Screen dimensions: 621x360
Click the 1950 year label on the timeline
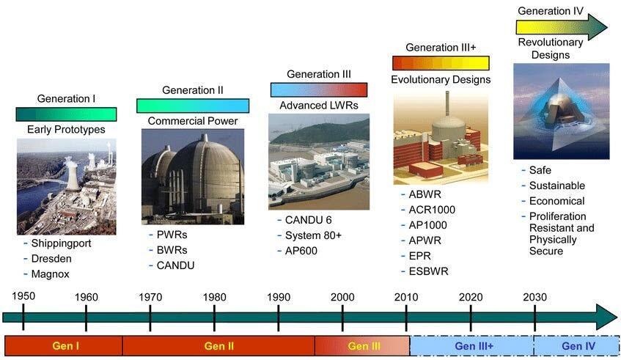coord(23,296)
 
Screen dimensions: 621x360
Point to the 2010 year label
coord(406,297)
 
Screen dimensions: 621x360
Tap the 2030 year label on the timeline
coord(534,297)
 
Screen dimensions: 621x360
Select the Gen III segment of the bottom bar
coord(362,346)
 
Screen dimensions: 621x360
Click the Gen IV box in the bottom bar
coord(577,346)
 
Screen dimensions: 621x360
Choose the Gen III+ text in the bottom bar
coord(474,346)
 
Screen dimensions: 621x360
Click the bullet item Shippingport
coord(61,243)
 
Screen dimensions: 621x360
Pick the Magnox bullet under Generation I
coord(50,274)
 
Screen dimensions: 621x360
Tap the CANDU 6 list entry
coord(308,220)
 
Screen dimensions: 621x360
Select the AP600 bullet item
coord(301,251)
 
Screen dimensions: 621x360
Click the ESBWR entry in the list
coord(428,271)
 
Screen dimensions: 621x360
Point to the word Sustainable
coord(556,185)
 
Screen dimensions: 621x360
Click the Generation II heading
coord(193,90)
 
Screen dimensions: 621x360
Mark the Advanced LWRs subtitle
coord(319,106)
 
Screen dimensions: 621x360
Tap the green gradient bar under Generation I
coord(66,114)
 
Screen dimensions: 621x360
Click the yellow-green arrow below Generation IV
coord(561,27)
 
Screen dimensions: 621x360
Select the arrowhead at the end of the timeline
coord(606,317)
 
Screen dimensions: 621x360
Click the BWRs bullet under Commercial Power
coord(172,250)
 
